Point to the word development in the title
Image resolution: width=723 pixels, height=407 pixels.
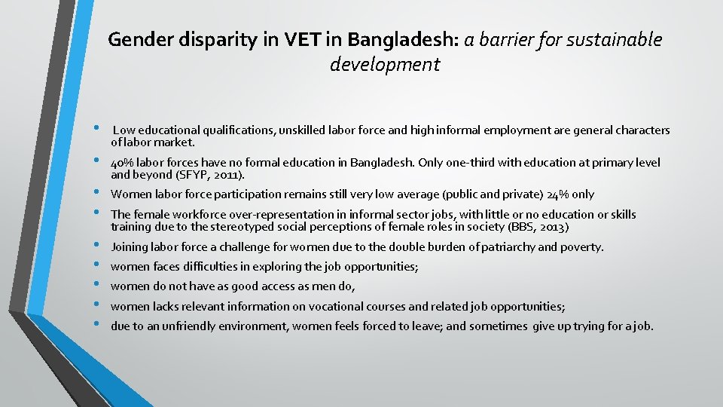(x=385, y=64)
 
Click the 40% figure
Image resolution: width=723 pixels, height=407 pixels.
(x=120, y=163)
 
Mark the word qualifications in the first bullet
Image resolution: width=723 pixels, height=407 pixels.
(x=240, y=130)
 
